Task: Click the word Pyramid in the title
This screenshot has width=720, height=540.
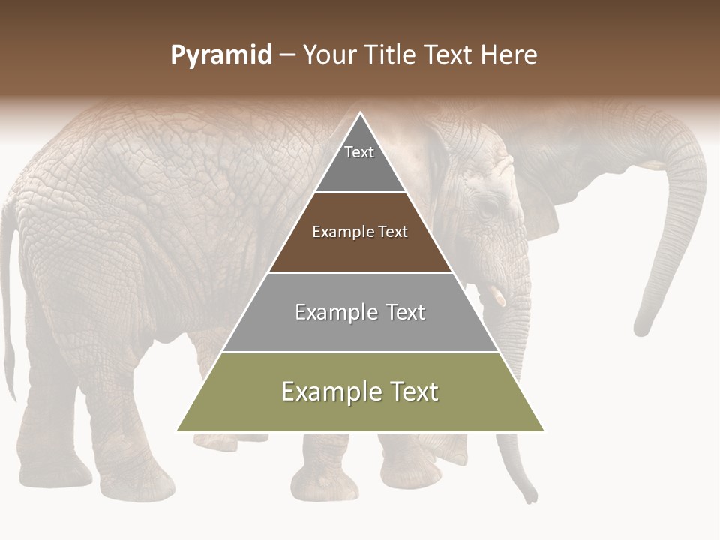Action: [221, 55]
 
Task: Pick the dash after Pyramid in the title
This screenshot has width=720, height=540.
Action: [287, 55]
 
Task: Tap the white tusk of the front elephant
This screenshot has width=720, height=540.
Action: [498, 296]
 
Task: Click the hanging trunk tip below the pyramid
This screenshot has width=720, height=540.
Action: [531, 495]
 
